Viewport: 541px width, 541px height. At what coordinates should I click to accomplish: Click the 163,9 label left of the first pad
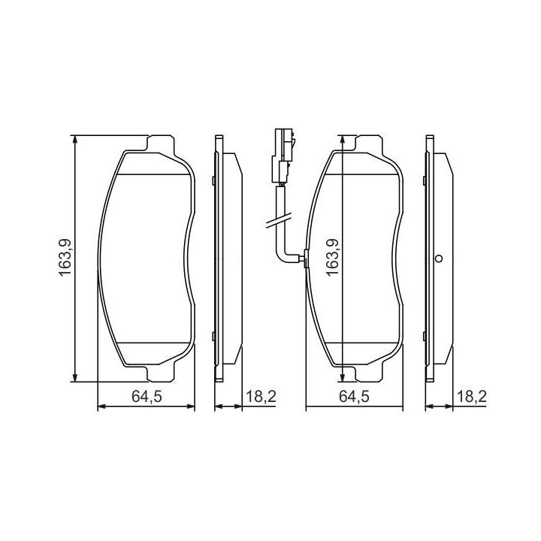65,258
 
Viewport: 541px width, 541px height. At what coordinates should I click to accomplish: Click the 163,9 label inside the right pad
333,258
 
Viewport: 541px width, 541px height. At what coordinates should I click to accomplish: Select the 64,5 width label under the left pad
147,397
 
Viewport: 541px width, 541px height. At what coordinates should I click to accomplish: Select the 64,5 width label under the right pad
355,397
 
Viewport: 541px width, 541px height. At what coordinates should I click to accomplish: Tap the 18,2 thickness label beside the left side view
261,397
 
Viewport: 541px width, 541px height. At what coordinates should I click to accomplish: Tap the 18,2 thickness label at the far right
471,397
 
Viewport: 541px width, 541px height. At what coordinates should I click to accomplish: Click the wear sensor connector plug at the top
283,156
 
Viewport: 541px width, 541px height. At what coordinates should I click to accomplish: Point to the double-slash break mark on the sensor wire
278,221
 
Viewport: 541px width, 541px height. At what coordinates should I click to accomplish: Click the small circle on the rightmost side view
439,258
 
